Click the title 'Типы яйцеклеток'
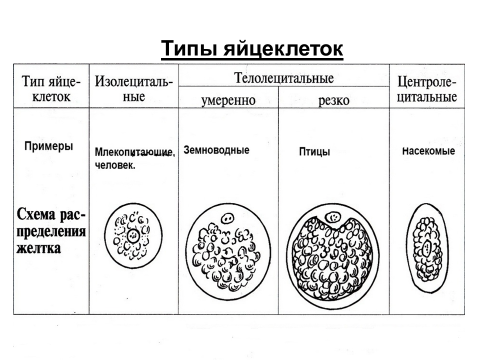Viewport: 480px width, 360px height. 252,49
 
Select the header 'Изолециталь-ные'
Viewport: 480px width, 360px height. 134,89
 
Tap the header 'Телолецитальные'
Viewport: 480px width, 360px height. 284,78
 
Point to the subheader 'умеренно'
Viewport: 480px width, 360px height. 228,100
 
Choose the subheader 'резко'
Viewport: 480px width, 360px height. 334,100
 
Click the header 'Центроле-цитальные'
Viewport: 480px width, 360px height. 427,89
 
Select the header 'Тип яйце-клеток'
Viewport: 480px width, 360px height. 51,89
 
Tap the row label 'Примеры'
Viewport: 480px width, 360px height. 49,146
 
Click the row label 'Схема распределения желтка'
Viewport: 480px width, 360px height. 51,231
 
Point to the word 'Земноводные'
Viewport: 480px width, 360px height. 216,150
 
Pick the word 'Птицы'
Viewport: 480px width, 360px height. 314,152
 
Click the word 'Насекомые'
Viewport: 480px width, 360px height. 428,151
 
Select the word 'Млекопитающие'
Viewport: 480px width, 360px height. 134,152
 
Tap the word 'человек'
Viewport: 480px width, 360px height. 114,165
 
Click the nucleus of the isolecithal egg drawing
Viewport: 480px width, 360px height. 133,235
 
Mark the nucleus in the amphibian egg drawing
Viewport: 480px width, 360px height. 228,219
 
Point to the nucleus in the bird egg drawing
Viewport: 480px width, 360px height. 333,218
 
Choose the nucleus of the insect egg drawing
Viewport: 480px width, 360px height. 427,248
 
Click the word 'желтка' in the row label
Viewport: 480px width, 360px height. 39,248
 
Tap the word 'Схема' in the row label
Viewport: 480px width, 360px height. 37,214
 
